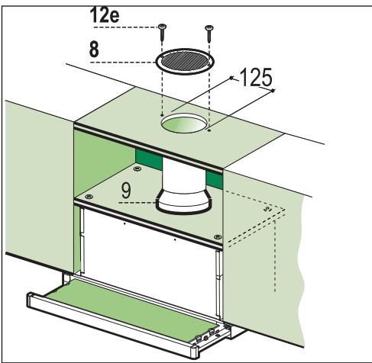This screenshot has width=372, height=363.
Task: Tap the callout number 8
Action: coord(94,50)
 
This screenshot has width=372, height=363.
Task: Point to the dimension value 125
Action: coord(256,77)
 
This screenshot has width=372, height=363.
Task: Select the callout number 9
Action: coord(126,191)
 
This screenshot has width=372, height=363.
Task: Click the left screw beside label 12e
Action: coord(162,32)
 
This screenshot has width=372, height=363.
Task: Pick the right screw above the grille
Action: coord(209,33)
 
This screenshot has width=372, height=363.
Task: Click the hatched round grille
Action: coord(185,61)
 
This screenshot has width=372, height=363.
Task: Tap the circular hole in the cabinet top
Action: coord(183,124)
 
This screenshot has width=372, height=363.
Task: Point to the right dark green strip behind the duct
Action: coord(214,179)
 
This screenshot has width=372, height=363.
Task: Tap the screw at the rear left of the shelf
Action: coord(137,168)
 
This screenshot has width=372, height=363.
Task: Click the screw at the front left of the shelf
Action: coord(89,196)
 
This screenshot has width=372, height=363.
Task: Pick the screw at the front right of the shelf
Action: coord(218,237)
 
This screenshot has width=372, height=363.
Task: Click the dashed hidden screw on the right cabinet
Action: coord(267,209)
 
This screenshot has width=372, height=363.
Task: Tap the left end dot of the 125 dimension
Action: coord(231,78)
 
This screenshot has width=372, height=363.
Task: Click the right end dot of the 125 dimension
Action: coord(273,91)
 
